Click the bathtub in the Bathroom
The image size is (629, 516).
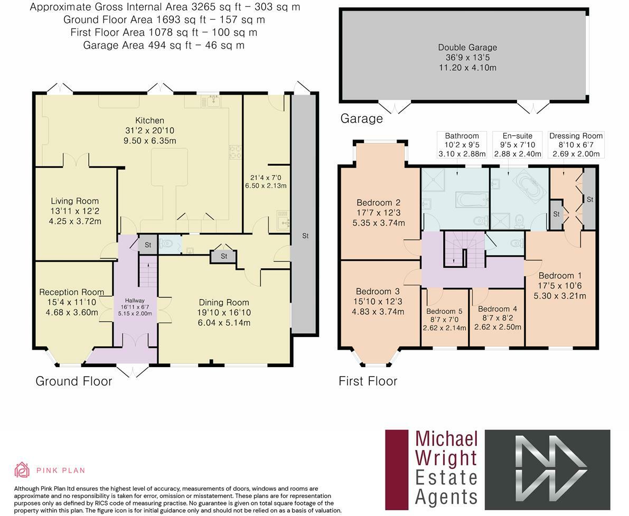point(471,200)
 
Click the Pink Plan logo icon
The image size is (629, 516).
point(22,470)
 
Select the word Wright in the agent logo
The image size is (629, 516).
point(446,458)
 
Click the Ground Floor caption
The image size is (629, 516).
point(74,381)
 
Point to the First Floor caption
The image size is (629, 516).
point(368,381)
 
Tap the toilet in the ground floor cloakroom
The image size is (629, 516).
point(166,244)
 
